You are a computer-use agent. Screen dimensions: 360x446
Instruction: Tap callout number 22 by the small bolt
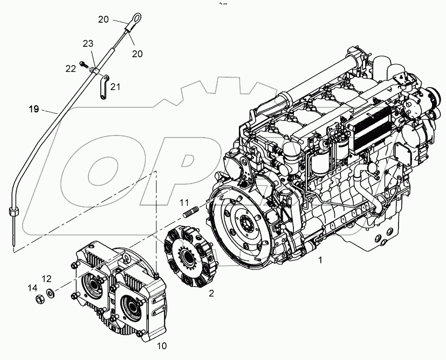pos(71,68)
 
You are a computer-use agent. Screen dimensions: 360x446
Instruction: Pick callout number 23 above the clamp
pos(88,43)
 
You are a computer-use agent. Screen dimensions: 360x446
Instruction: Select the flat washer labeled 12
pos(51,294)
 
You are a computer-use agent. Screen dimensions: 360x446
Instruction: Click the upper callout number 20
pos(104,19)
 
